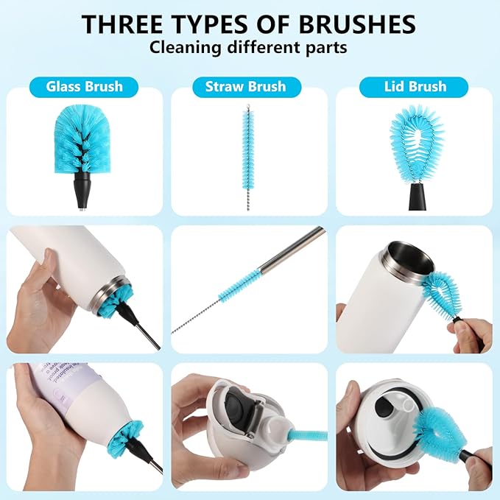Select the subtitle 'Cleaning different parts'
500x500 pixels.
click(x=250, y=49)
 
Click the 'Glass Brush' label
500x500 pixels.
click(x=84, y=86)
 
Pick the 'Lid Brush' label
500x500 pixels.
click(x=414, y=86)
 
